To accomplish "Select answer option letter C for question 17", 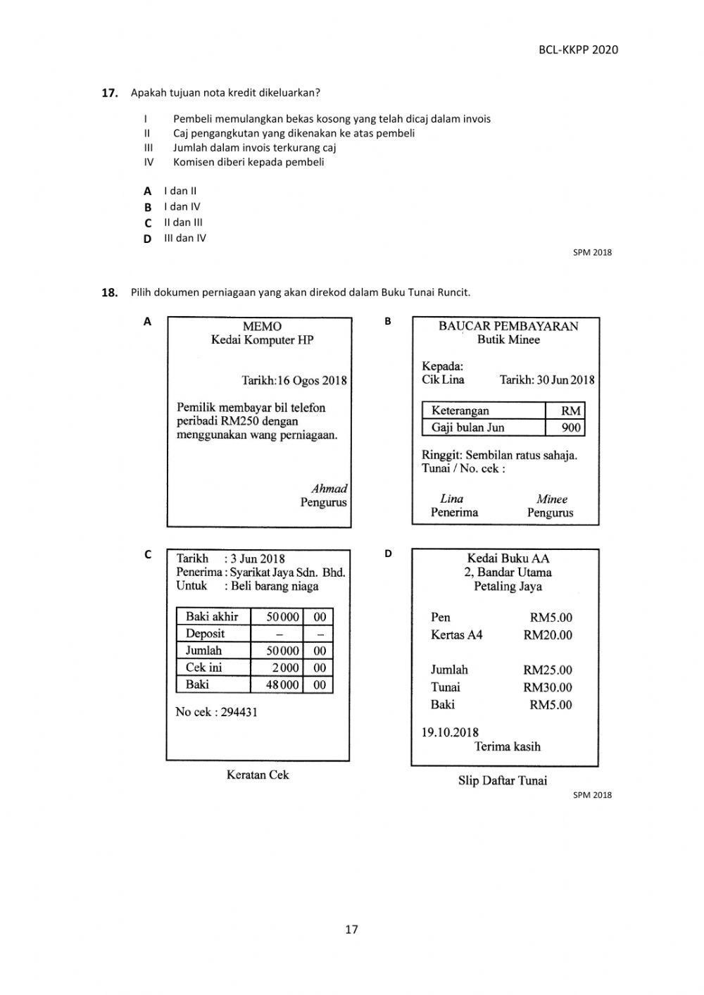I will click(x=148, y=223).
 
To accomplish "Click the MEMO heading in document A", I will click(x=262, y=326).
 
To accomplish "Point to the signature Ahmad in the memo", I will click(x=329, y=488).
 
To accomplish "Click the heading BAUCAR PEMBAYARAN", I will click(x=508, y=326).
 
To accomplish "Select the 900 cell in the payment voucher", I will click(x=571, y=427).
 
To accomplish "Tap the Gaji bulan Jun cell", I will click(x=467, y=427).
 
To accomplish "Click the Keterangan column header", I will click(x=460, y=411).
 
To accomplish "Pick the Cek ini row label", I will click(x=203, y=668).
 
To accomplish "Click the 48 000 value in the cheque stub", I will click(x=282, y=684).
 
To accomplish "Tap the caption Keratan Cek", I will click(x=258, y=775).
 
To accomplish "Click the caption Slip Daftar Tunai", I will click(x=502, y=780).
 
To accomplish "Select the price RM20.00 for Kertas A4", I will click(x=547, y=635).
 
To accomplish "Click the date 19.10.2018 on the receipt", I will click(x=450, y=732).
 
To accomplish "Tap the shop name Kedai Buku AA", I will click(x=508, y=558).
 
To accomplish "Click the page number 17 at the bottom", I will click(x=351, y=929).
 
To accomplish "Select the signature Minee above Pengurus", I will click(x=551, y=499).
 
